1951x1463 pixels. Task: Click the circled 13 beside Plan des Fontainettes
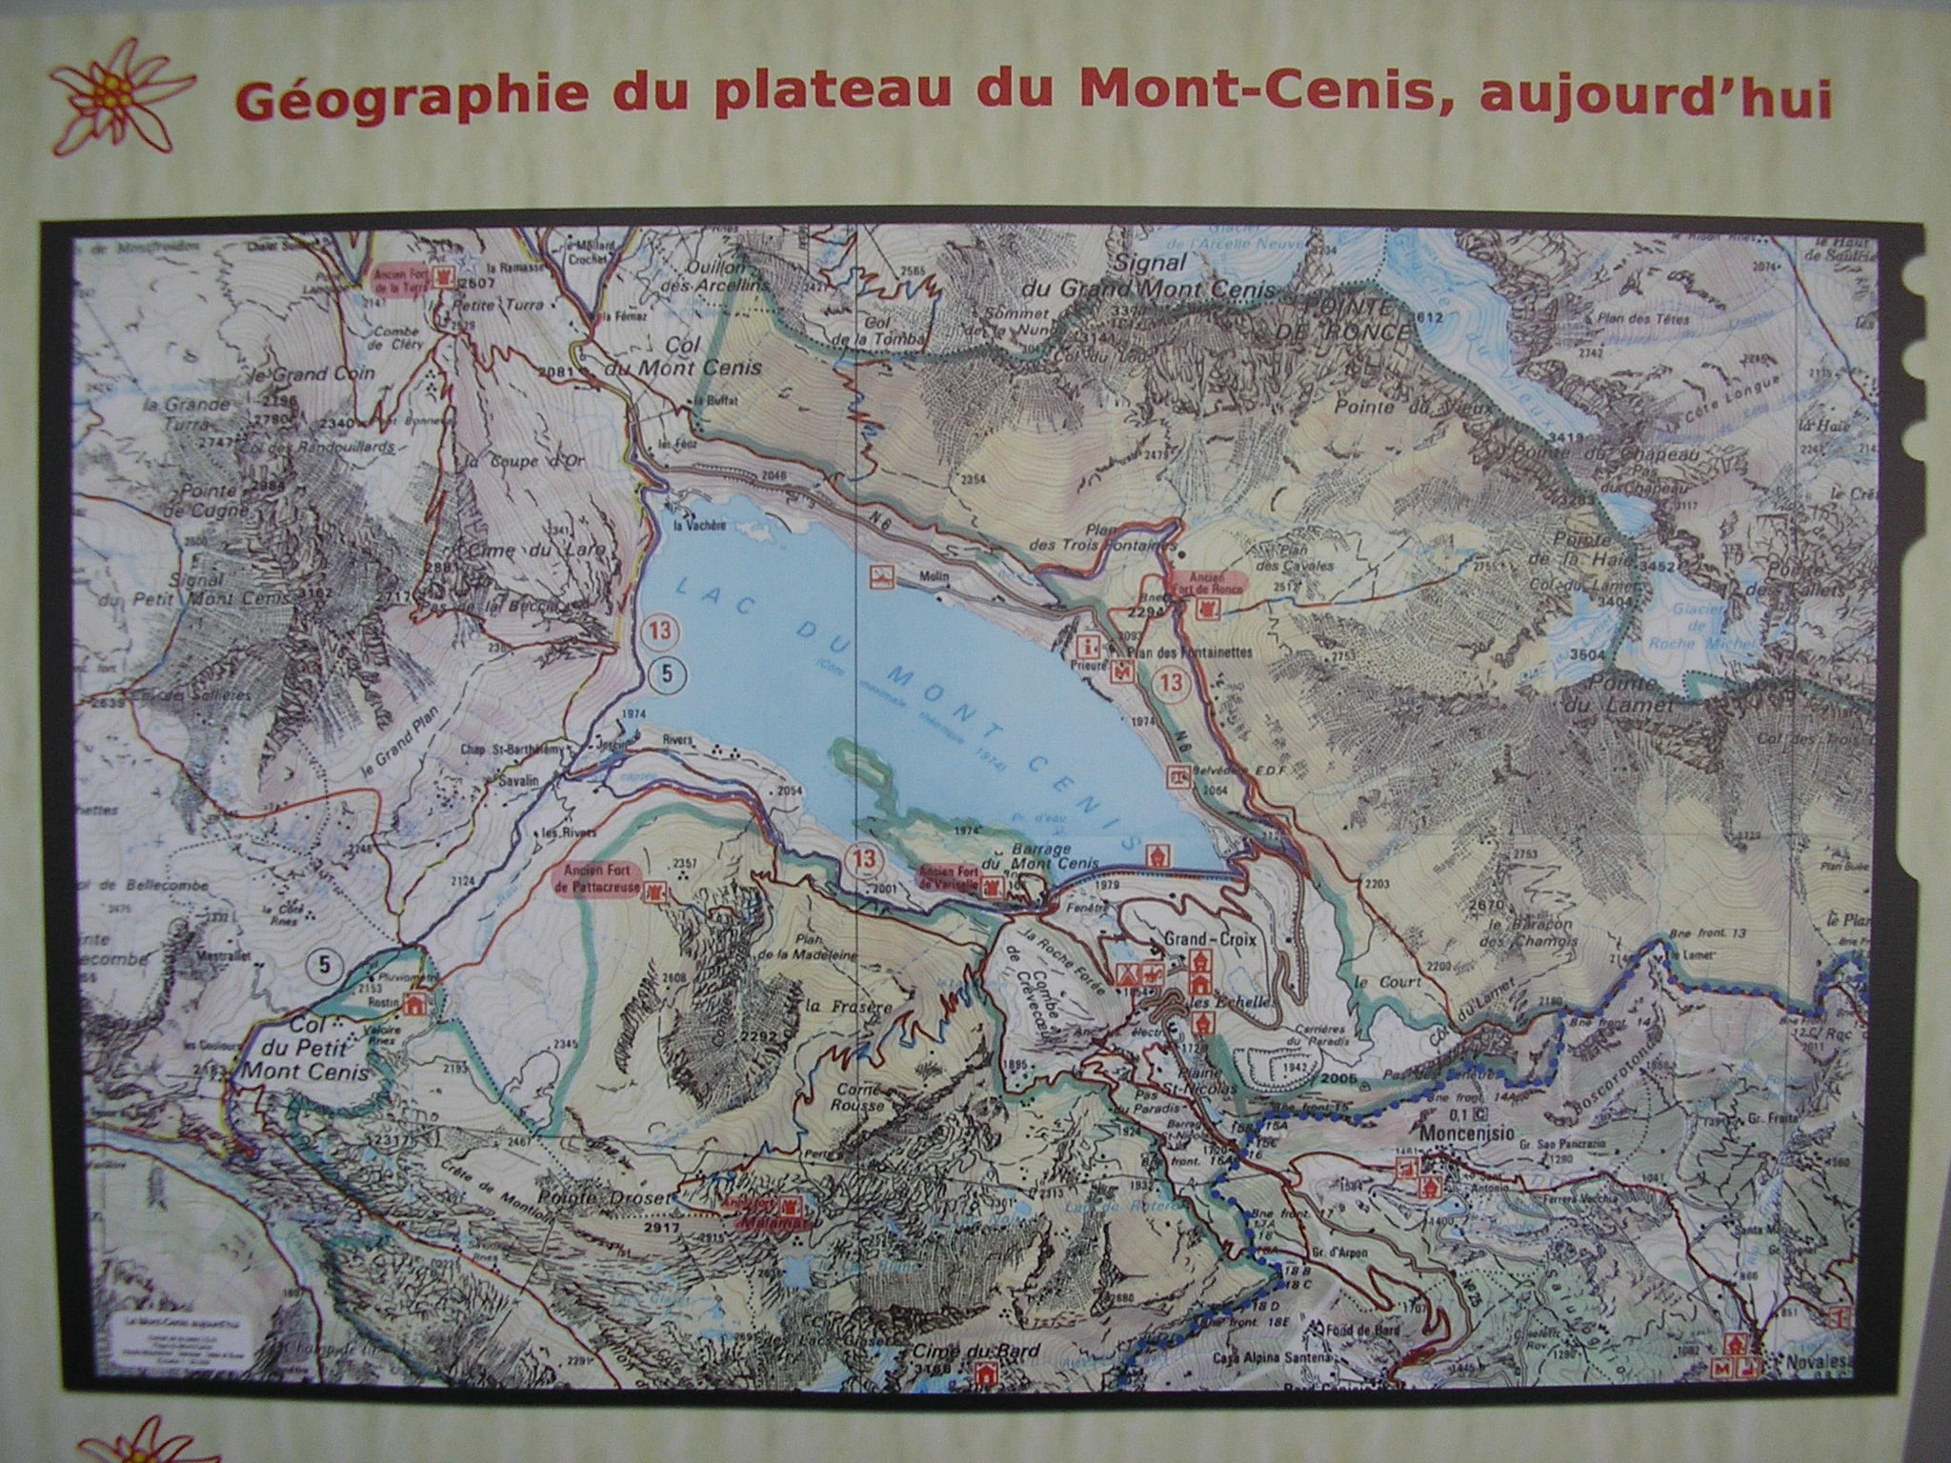pyautogui.click(x=1171, y=682)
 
